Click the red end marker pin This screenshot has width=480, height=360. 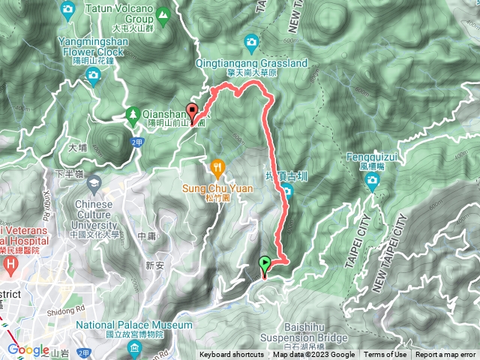193,112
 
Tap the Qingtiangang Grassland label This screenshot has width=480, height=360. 251,64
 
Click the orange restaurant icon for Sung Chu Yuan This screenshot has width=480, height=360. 217,165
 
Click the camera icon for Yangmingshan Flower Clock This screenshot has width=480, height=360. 93,74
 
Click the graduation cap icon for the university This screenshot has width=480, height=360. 94,183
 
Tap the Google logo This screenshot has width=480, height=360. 28,349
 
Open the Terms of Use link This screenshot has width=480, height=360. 385,355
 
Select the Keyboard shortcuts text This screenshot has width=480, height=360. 231,355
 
